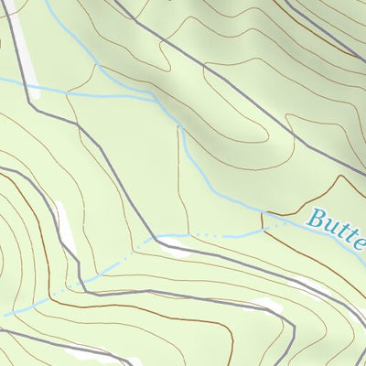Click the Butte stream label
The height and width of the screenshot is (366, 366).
pyautogui.click(x=337, y=223)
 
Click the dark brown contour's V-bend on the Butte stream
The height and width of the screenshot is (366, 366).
pyautogui.click(x=264, y=216)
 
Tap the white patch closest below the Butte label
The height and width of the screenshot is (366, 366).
pyautogui.click(x=265, y=302)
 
